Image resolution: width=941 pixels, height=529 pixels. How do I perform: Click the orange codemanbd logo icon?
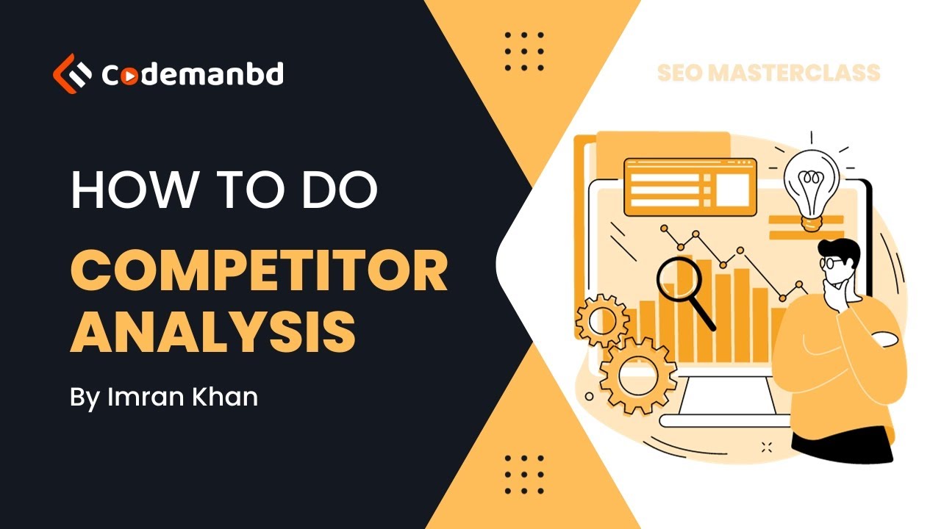72,73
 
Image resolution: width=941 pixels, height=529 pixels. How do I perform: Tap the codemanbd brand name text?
192,74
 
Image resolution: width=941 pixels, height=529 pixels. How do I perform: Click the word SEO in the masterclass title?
681,73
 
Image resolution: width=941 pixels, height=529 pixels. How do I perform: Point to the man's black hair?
844,250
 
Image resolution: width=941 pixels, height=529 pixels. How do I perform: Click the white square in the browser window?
731,188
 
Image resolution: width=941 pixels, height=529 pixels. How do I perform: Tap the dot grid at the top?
525,51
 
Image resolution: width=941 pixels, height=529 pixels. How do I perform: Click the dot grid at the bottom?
525,474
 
